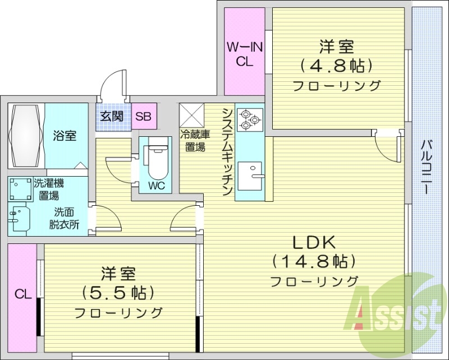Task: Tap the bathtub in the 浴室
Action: (x=26, y=135)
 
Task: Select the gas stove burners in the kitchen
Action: (x=249, y=120)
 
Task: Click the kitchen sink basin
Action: (x=250, y=176)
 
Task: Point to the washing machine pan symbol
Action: (x=20, y=189)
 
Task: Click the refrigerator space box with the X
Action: (x=192, y=115)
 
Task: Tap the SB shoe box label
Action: (x=143, y=116)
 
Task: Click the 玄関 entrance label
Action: (x=112, y=117)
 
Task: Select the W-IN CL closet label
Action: (x=245, y=54)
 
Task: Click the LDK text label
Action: (x=314, y=243)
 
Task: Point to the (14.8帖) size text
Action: (x=314, y=262)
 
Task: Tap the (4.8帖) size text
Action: (x=337, y=66)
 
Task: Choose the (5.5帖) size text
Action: (x=118, y=293)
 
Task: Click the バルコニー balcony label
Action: (x=427, y=167)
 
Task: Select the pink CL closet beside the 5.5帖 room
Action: (x=22, y=298)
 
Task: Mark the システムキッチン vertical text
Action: (x=227, y=152)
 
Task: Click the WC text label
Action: (x=157, y=186)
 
